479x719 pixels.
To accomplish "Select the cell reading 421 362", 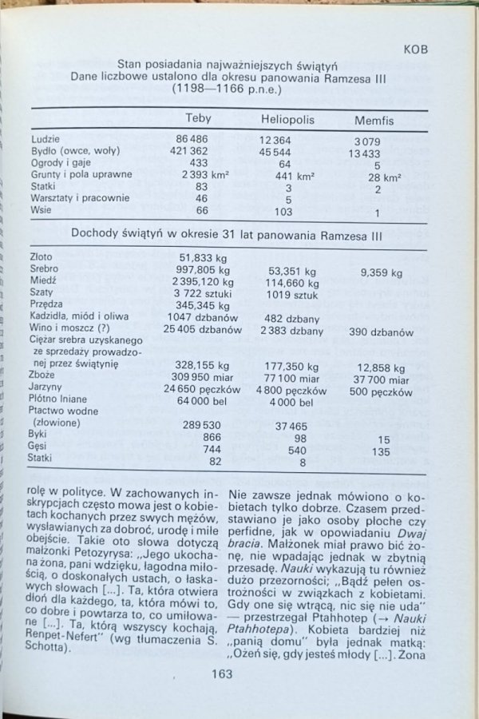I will [x=189, y=151].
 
